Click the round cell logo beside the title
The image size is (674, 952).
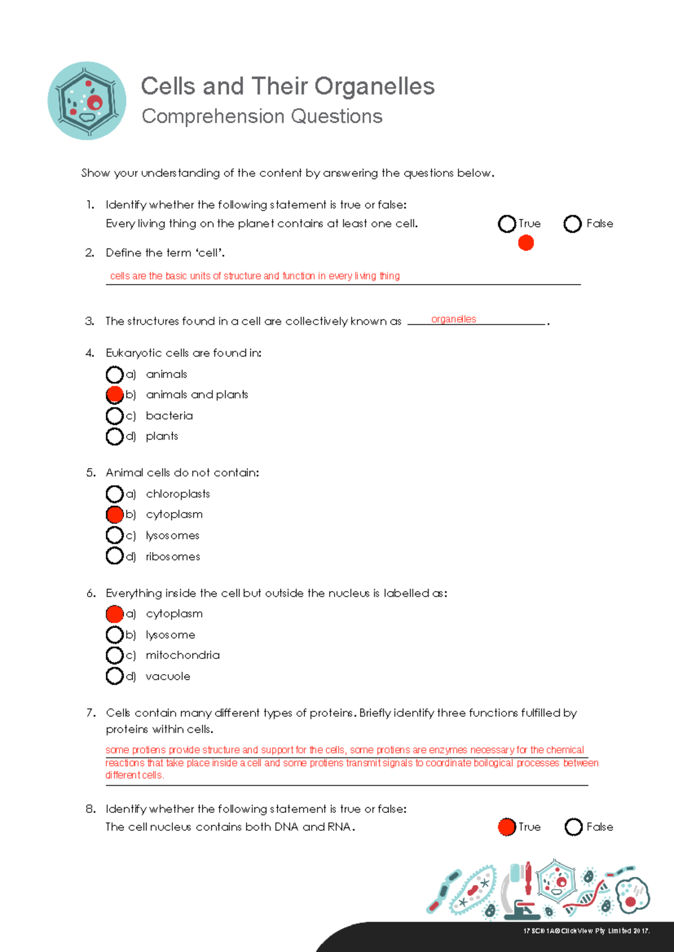coord(87,101)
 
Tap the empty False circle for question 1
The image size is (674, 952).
coord(572,224)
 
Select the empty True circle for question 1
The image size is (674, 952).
coord(507,224)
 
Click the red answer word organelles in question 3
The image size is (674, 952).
coord(453,319)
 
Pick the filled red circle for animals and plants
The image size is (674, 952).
coord(115,395)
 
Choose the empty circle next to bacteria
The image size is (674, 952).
coord(115,416)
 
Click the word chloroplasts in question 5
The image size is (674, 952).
coord(177,494)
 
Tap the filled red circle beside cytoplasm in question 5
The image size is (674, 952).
coord(115,515)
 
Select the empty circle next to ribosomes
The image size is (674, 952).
coord(115,556)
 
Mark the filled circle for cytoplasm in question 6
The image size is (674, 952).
coord(115,614)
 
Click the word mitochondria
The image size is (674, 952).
coord(183,655)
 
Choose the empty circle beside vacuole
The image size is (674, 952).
coord(115,676)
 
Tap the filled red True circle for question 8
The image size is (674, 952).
coord(507,827)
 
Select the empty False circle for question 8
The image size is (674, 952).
coord(573,827)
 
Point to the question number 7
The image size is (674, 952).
coord(91,713)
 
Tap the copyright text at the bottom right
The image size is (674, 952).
coord(586,931)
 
